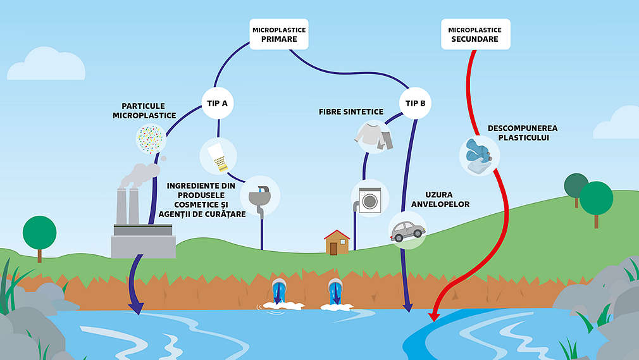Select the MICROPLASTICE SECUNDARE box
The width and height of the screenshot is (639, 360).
coord(475,34)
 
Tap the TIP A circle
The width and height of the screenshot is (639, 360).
coord(218,102)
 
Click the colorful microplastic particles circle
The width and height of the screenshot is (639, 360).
coord(151,139)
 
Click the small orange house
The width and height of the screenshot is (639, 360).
coord(337,242)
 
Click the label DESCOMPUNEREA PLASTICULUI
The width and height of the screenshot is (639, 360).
coord(523,133)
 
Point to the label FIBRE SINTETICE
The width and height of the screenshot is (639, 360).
coord(351,112)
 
